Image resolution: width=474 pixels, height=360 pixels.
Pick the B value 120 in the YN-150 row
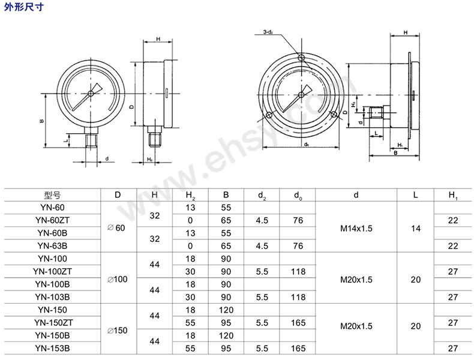coord(226,309)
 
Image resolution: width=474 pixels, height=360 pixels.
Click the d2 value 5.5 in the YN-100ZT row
coord(262,271)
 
